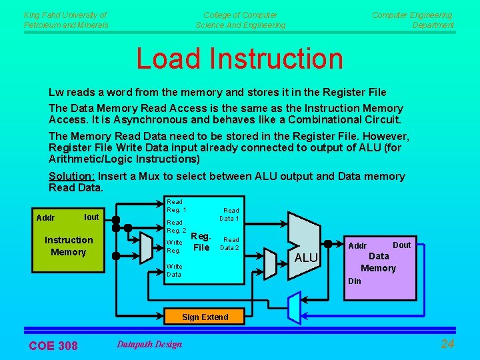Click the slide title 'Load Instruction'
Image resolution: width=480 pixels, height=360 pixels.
pyautogui.click(x=239, y=59)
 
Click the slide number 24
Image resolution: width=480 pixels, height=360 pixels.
pyautogui.click(x=447, y=344)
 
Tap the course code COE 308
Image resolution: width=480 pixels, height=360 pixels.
pyautogui.click(x=53, y=345)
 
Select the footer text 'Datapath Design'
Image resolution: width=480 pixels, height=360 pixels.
pyautogui.click(x=149, y=344)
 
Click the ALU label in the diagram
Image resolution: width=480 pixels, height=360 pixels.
pyautogui.click(x=306, y=258)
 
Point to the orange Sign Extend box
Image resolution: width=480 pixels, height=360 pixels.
pyautogui.click(x=205, y=317)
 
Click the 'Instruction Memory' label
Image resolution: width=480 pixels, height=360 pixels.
pyautogui.click(x=69, y=246)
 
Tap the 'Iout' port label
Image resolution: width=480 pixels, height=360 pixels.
pyautogui.click(x=91, y=217)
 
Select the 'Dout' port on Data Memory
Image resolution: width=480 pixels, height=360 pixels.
pyautogui.click(x=401, y=245)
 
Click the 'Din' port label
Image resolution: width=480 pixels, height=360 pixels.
pyautogui.click(x=355, y=281)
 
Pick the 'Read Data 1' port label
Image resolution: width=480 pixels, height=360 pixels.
pyautogui.click(x=231, y=214)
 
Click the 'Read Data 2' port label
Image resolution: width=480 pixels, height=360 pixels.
pyautogui.click(x=231, y=243)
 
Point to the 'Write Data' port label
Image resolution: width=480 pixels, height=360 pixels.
pyautogui.click(x=174, y=270)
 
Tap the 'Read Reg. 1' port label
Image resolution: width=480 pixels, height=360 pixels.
pyautogui.click(x=176, y=206)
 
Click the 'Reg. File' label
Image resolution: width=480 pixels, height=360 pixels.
pyautogui.click(x=201, y=241)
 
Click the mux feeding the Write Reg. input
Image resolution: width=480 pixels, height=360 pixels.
pyautogui.click(x=147, y=247)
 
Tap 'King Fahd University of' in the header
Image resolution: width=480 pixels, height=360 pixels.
pyautogui.click(x=65, y=15)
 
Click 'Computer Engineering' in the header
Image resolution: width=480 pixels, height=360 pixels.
pyautogui.click(x=412, y=15)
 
